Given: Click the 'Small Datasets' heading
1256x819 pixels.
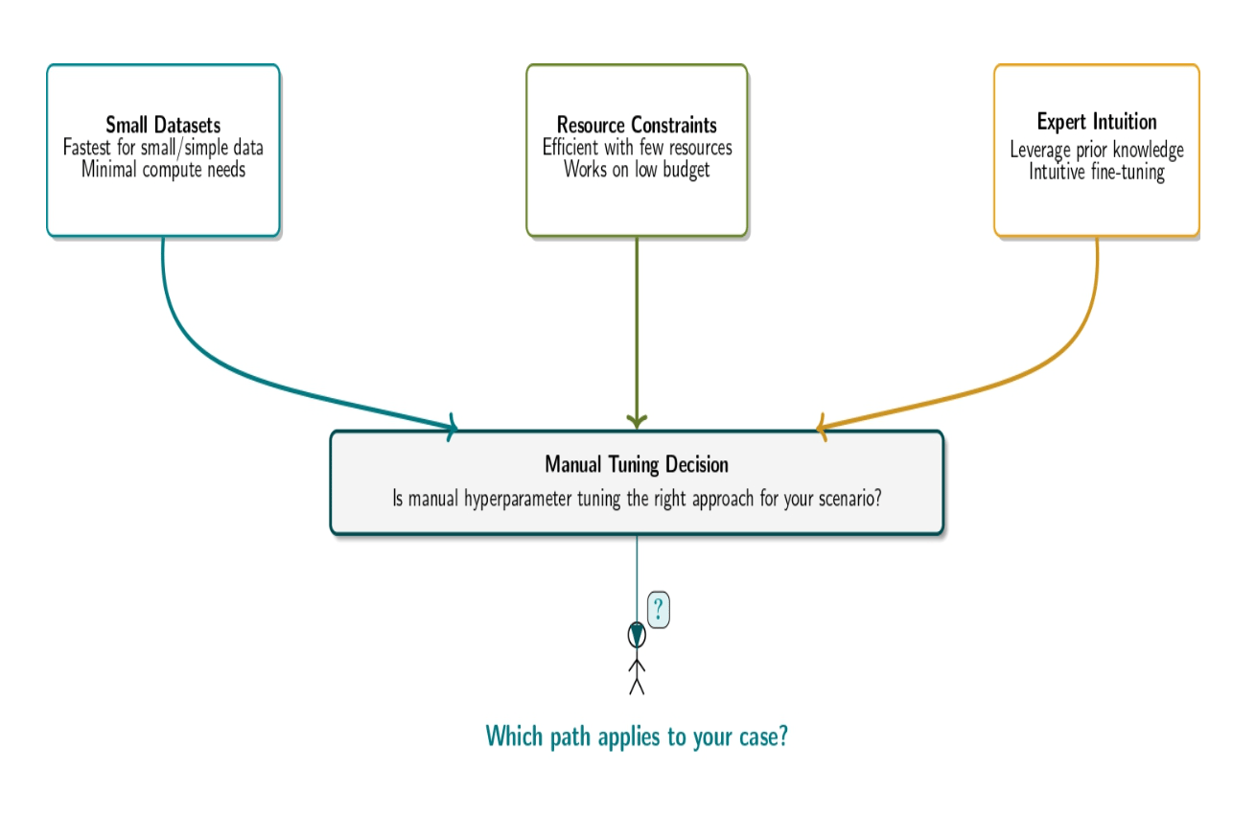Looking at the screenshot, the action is tap(163, 125).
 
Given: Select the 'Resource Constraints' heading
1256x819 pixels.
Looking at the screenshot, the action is tap(637, 125).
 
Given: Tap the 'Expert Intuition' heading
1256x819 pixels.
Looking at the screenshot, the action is tap(1097, 122).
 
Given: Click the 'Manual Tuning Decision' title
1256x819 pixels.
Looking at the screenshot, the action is tap(637, 464).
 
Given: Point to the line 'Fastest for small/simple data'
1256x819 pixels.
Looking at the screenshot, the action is tap(163, 148).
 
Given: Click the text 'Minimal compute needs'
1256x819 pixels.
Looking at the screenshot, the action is tap(163, 170).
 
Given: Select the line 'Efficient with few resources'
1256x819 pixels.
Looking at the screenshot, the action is tap(637, 148).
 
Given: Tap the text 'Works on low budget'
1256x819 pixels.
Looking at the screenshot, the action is tap(637, 170).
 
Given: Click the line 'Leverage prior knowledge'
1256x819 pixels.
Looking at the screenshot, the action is tap(1097, 150).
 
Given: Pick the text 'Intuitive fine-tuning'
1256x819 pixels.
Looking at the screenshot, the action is tap(1097, 172).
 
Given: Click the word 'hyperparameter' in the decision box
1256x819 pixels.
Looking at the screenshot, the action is tap(518, 499).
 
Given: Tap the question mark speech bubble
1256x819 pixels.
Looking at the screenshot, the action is tap(659, 609).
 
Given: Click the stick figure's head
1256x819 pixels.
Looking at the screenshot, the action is tap(637, 636).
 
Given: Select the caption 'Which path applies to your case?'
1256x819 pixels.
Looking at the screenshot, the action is tap(637, 736).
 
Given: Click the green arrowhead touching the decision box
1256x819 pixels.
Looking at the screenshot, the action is tap(637, 422).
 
